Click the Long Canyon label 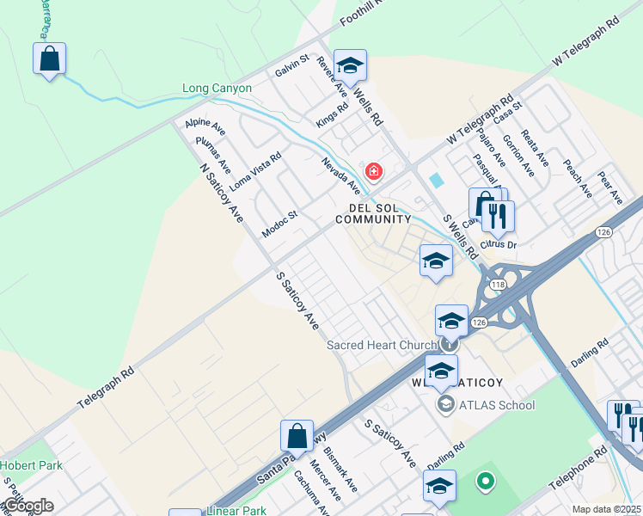pyautogui.click(x=217, y=88)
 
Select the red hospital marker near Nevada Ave pyautogui.click(x=373, y=171)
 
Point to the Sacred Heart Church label pyautogui.click(x=383, y=346)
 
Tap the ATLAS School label pyautogui.click(x=497, y=405)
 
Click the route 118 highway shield pyautogui.click(x=496, y=284)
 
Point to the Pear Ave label pyautogui.click(x=609, y=187)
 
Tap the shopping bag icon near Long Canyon pyautogui.click(x=50, y=60)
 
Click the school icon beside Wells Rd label pyautogui.click(x=350, y=65)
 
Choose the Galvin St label pyautogui.click(x=292, y=64)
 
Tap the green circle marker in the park pyautogui.click(x=485, y=481)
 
